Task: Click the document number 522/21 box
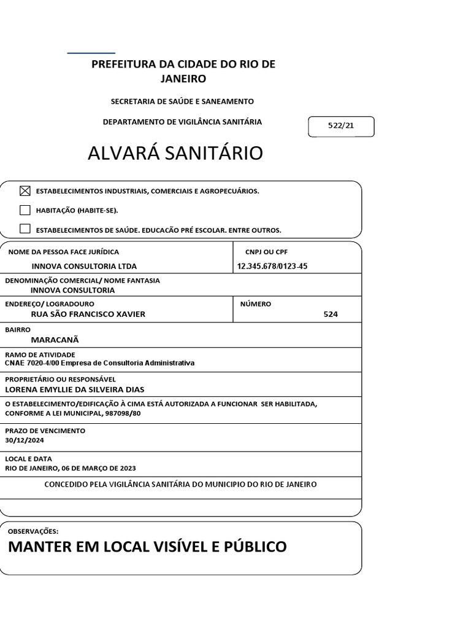[x=341, y=126]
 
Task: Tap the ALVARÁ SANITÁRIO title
[x=175, y=154]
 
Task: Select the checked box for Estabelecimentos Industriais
[x=25, y=191]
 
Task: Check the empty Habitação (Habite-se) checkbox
[x=25, y=210]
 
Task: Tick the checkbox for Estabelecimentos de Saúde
[x=25, y=229]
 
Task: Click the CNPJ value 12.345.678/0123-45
[x=272, y=266]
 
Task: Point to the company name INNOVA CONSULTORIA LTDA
[x=84, y=266]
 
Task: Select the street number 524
[x=331, y=314]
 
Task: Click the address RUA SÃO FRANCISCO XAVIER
[x=88, y=314]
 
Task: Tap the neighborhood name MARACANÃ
[x=55, y=340]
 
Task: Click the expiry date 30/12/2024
[x=25, y=440]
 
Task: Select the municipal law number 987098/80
[x=123, y=413]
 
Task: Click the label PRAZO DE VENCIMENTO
[x=45, y=431]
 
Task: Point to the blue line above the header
[x=91, y=53]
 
